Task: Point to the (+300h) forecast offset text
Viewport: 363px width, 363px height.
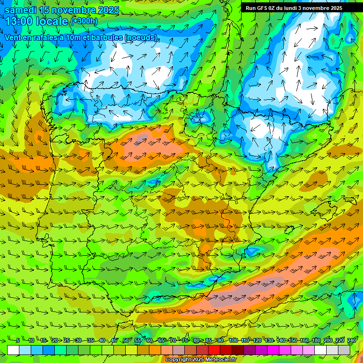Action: click(x=84, y=21)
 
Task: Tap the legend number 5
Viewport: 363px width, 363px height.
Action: click(x=18, y=341)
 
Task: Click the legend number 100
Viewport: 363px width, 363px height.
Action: click(x=233, y=341)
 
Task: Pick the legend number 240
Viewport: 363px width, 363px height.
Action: click(x=352, y=341)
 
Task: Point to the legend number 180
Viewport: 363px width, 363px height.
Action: click(x=316, y=341)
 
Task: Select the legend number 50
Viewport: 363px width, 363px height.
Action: click(x=126, y=341)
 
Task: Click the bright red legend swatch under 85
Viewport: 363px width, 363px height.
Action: click(x=214, y=350)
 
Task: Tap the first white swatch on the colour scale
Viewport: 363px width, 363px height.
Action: click(x=13, y=350)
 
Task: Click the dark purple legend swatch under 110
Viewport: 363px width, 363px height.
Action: click(x=250, y=350)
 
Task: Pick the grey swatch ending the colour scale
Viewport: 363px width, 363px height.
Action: click(x=344, y=350)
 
